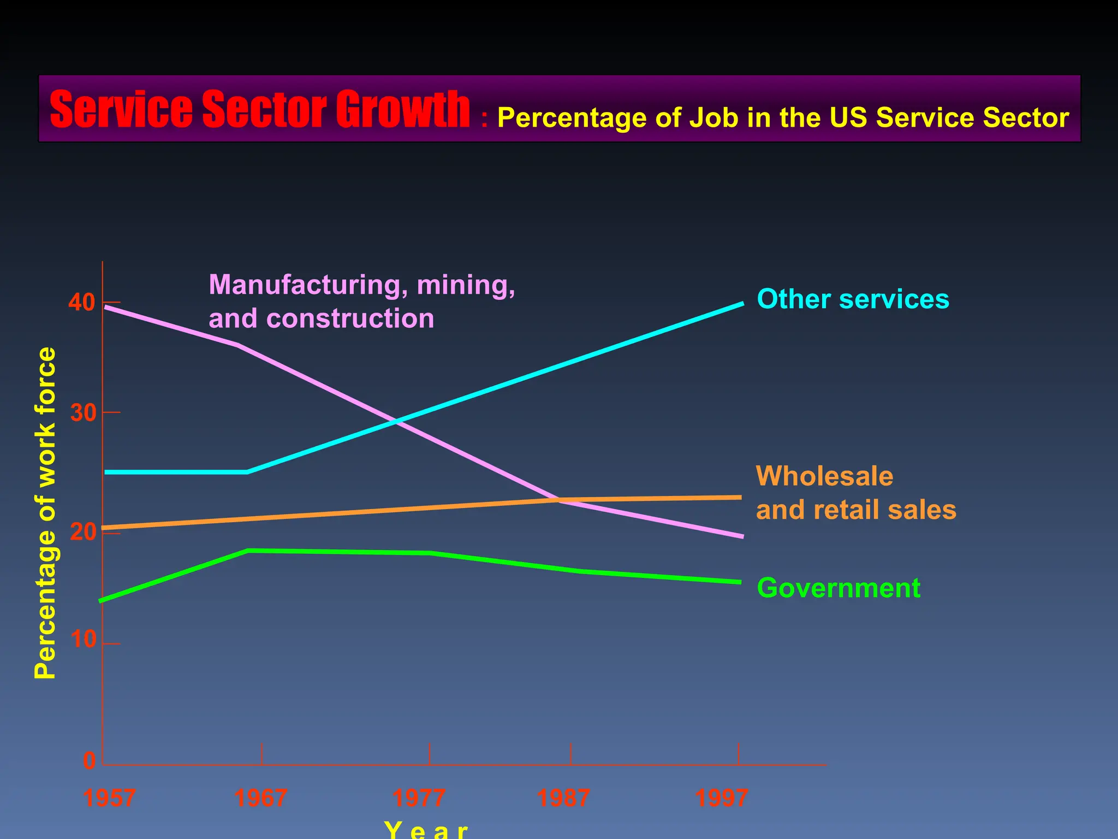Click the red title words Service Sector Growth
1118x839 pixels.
coord(260,110)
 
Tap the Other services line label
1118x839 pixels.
coord(853,299)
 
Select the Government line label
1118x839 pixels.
coord(838,588)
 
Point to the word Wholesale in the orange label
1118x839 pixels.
coord(824,476)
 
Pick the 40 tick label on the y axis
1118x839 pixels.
coord(82,303)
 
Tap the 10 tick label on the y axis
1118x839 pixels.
coord(83,640)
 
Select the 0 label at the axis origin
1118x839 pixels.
coord(89,761)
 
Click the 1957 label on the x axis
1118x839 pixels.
coord(110,799)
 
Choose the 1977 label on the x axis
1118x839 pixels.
coord(419,799)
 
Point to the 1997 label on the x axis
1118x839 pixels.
coord(721,799)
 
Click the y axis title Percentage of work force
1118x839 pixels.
coord(46,513)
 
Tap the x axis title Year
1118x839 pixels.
coord(426,830)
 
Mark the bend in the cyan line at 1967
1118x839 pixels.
coord(247,472)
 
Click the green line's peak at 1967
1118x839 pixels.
coord(249,551)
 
